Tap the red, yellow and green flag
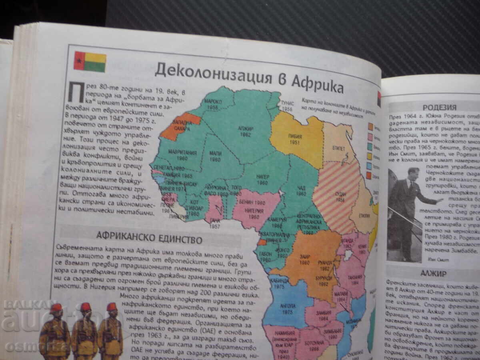(x=90, y=62)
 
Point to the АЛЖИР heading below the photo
(x=433, y=274)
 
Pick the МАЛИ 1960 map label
(x=215, y=156)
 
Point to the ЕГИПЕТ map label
(x=338, y=148)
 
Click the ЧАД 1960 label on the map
(x=301, y=190)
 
